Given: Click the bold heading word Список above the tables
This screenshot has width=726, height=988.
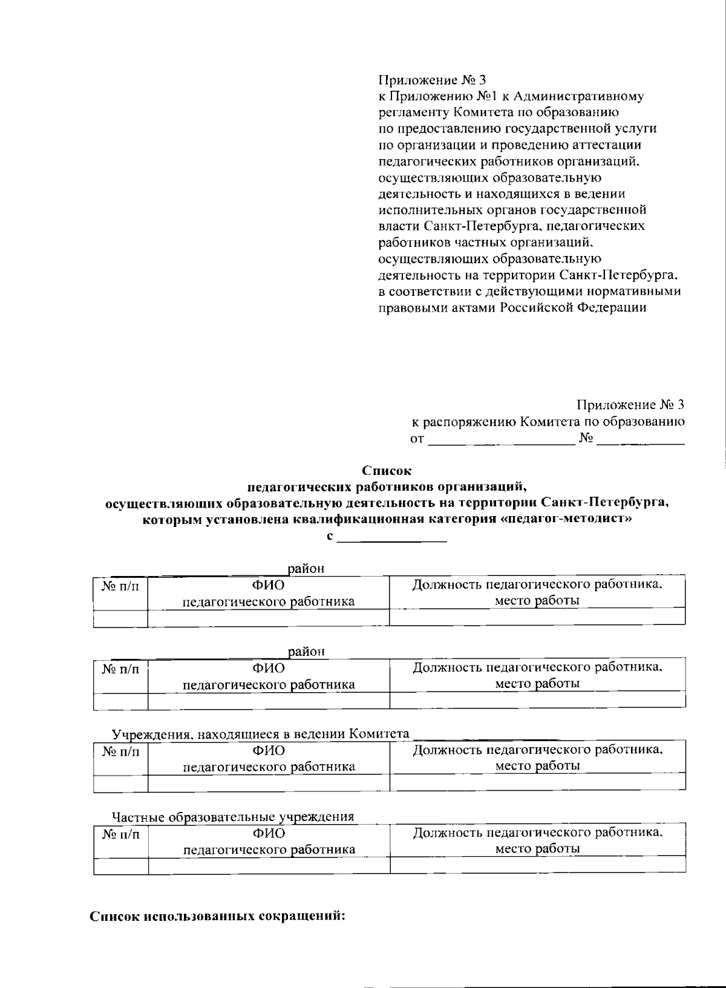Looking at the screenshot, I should [386, 469].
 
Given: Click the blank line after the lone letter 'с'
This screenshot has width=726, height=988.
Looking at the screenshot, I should [392, 538].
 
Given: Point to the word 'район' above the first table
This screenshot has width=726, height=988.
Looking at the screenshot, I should [306, 569].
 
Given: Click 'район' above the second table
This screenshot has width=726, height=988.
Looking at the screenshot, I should [306, 652].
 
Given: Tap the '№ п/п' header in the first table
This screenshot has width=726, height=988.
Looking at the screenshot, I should [120, 586].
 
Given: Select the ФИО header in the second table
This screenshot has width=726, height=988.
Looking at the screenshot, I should [269, 668].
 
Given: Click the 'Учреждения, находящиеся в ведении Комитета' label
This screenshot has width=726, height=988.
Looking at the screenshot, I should [261, 734].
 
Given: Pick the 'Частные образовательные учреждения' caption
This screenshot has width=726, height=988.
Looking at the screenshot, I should [234, 817].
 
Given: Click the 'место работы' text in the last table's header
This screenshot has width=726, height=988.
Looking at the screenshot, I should [537, 848].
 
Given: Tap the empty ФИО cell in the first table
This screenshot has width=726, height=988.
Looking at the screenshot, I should [269, 618].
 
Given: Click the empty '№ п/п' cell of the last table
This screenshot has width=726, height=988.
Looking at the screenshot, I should [120, 866].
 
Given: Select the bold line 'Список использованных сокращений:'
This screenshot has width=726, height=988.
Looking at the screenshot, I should [217, 915].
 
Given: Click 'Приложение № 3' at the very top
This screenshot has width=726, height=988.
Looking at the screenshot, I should [432, 80].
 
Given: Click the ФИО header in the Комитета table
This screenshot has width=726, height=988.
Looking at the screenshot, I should [269, 750].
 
